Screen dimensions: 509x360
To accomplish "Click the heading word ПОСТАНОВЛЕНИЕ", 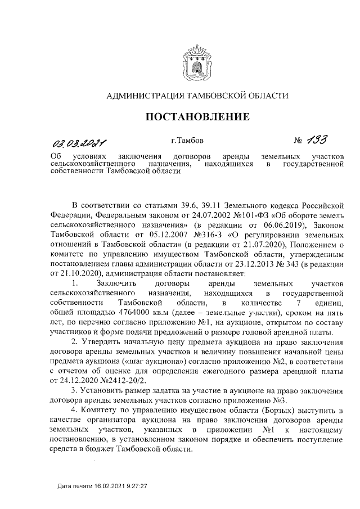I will pos(197,117).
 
